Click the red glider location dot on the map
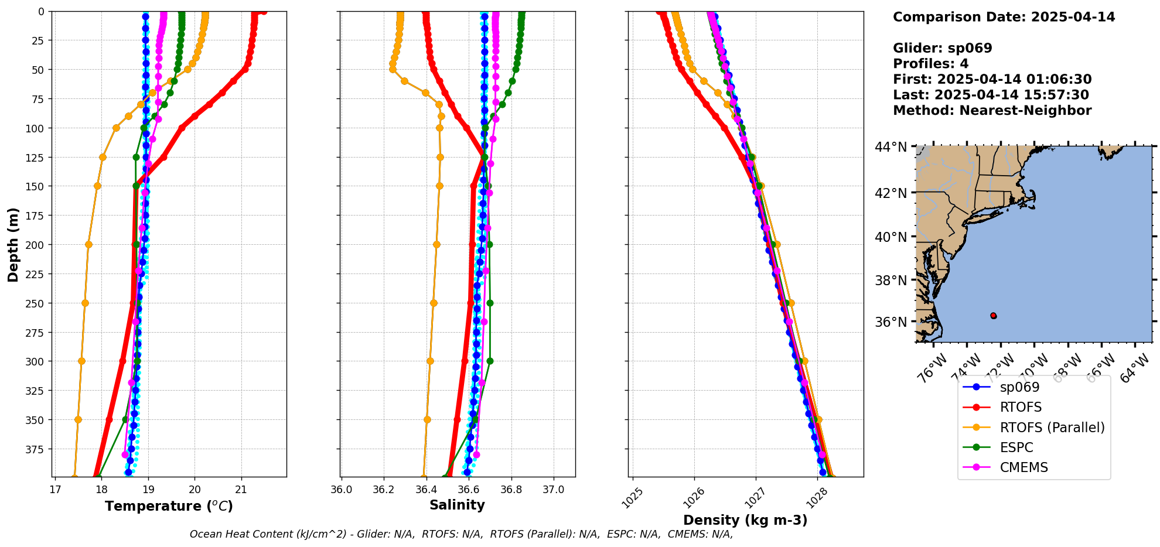pos(993,316)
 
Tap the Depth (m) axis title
pos(13,244)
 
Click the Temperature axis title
pos(169,506)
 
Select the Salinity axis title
pos(457,505)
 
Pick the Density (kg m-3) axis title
pos(745,520)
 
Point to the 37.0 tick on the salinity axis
pos(554,490)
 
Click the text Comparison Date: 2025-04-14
pos(1004,17)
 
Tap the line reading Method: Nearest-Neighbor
pos(992,111)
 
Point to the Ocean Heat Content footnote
pos(461,534)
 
